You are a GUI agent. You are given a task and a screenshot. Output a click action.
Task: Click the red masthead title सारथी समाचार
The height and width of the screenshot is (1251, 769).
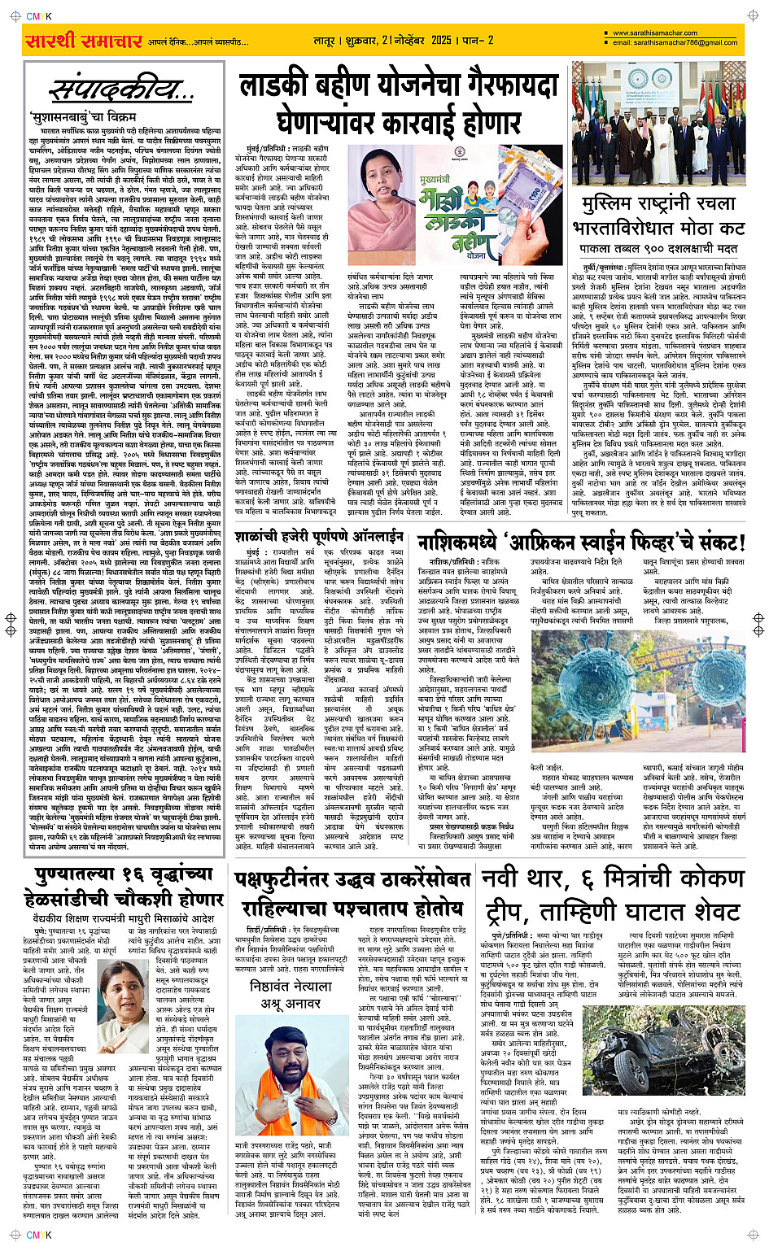point(83,41)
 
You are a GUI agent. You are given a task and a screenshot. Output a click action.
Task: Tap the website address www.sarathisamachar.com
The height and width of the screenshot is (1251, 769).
point(655,33)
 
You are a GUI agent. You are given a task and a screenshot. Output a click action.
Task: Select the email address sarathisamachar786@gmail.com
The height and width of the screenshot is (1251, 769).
point(675,42)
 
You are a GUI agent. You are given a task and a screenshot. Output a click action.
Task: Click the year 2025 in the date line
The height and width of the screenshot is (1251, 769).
point(441,40)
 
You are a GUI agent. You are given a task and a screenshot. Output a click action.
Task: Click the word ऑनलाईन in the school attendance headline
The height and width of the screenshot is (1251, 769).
point(371,537)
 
